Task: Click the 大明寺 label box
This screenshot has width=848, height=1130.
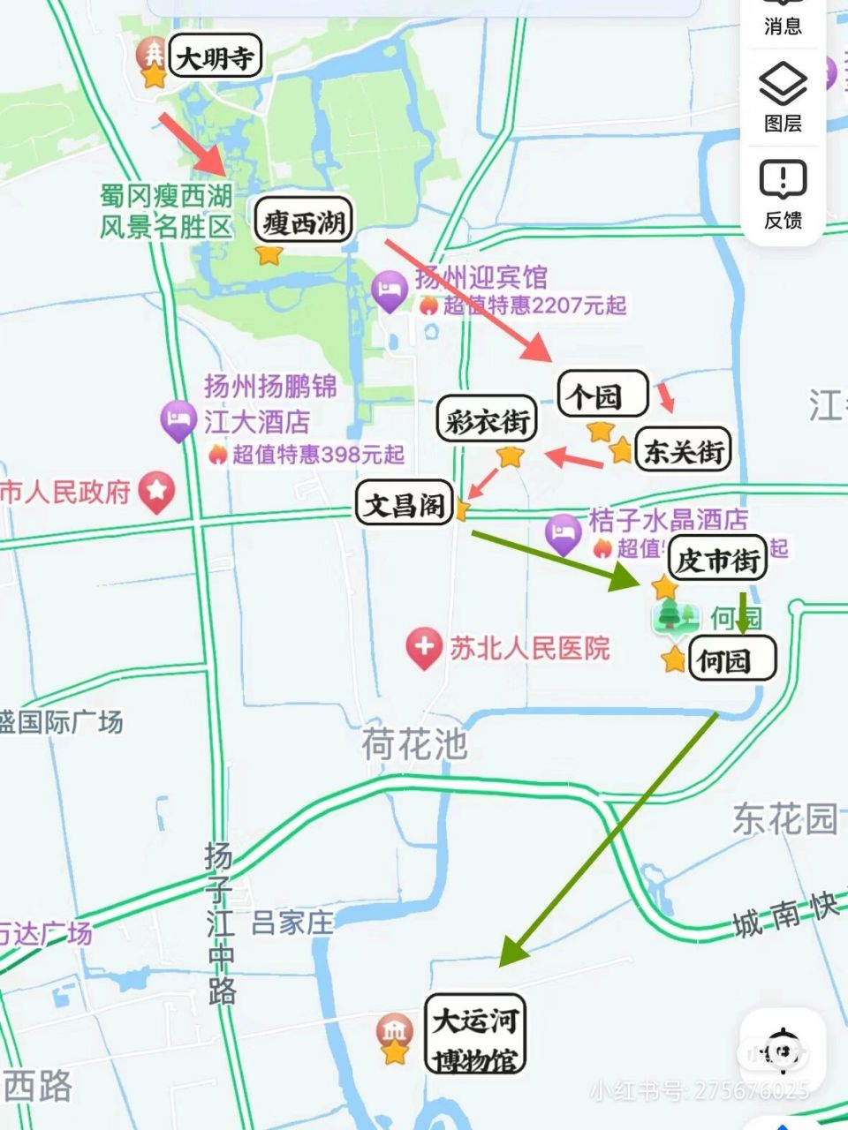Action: (215, 58)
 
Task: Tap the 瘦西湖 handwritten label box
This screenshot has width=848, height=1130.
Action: (303, 222)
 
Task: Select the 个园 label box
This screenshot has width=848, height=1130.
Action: (603, 395)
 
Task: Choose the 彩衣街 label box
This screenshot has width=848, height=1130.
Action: (487, 420)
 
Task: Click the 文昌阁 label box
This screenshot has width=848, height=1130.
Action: (405, 504)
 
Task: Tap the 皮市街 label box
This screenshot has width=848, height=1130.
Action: (717, 559)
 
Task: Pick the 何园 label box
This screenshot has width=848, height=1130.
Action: (731, 659)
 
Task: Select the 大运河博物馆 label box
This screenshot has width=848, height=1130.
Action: (475, 1034)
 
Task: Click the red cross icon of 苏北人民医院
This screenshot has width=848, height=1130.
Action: (424, 648)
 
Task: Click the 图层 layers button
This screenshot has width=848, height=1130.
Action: (783, 97)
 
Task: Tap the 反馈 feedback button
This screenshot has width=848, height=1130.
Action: (783, 194)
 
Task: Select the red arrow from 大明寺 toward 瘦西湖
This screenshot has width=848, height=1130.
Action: (193, 142)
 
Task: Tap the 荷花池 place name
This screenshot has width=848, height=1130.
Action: (414, 744)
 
